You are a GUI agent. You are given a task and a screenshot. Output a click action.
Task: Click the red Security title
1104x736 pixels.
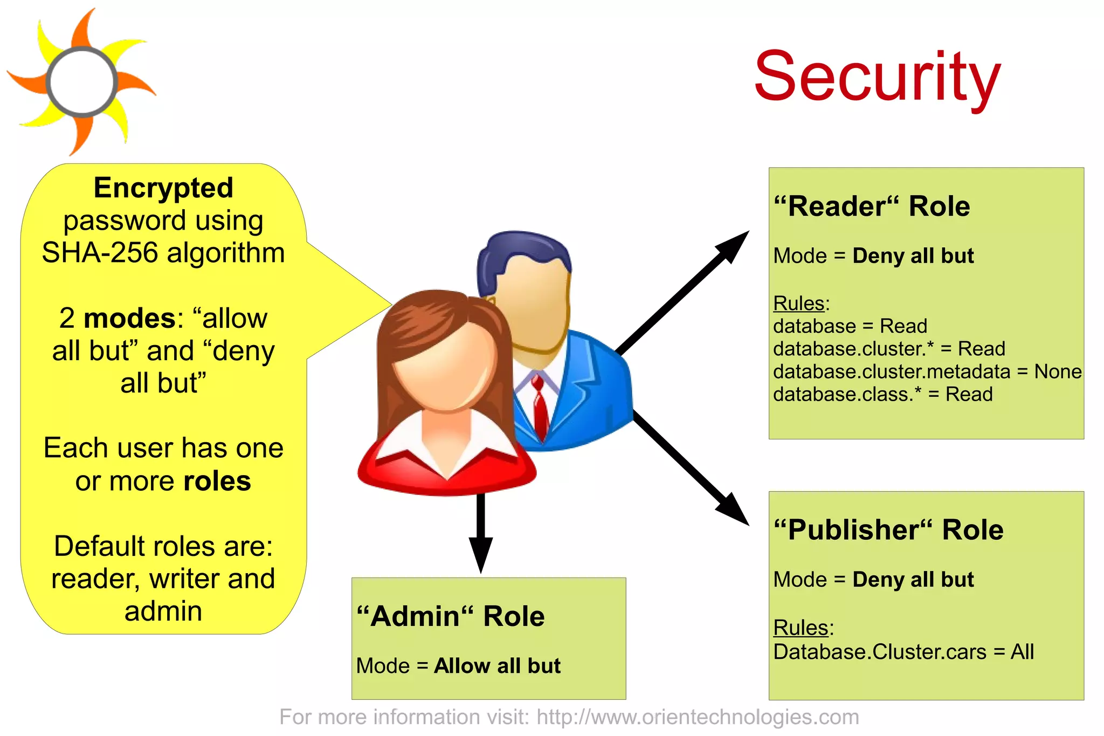pos(877,77)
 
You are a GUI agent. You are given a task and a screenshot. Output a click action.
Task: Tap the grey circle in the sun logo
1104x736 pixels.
pos(82,82)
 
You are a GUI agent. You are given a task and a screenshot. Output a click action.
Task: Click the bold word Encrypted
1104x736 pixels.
pos(163,188)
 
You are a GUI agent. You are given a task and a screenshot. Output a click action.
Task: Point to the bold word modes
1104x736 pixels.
pos(129,318)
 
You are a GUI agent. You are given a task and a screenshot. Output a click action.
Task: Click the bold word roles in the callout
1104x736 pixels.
pos(217,481)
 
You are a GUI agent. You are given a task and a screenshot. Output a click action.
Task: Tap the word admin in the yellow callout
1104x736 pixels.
pos(163,611)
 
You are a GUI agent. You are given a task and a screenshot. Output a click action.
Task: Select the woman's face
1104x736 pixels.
pos(445,367)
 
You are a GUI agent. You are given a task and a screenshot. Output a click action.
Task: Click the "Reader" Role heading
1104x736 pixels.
pos(872,207)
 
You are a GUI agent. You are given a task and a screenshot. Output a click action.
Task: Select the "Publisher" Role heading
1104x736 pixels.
pos(888,530)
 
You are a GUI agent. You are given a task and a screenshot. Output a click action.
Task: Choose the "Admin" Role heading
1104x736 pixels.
pos(451,616)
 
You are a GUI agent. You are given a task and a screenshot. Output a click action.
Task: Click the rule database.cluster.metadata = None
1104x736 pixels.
pos(927,372)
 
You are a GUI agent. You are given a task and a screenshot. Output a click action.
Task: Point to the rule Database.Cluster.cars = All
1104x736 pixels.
pos(903,652)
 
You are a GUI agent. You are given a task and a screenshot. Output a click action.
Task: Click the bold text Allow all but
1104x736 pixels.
pos(497,666)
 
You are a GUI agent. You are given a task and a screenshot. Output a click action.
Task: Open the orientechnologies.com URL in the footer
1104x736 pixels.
pos(698,718)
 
